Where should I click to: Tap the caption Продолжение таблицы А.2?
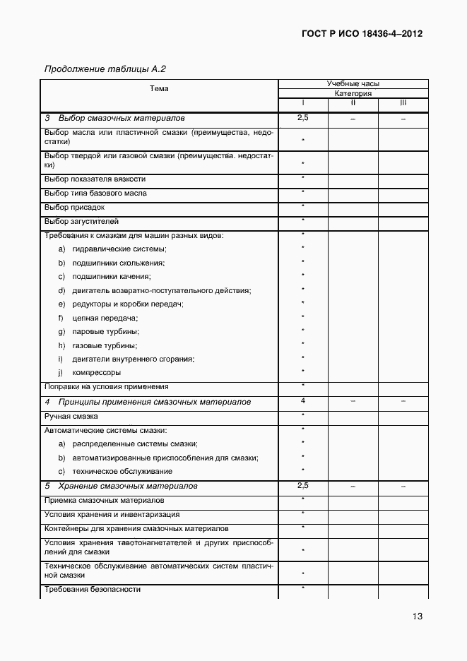(105, 69)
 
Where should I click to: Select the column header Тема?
(159, 89)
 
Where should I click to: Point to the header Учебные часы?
(353, 83)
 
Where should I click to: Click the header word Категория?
(353, 93)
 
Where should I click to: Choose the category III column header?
(403, 102)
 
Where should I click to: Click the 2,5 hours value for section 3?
(303, 118)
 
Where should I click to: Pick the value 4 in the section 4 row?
(303, 401)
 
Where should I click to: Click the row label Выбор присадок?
(74, 208)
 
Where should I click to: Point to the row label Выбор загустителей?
(81, 222)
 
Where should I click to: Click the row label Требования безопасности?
(93, 589)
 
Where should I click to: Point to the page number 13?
(418, 617)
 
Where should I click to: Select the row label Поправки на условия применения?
(106, 387)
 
